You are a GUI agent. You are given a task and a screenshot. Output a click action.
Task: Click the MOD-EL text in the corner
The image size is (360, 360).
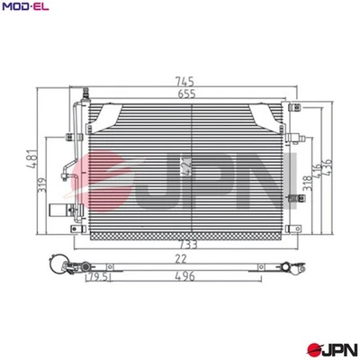click(25, 8)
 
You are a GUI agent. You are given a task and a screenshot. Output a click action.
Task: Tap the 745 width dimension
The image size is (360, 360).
click(186, 82)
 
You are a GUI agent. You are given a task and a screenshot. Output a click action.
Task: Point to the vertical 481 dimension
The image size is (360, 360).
click(31, 158)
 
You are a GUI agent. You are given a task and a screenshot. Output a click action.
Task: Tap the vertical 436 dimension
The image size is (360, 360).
click(331, 169)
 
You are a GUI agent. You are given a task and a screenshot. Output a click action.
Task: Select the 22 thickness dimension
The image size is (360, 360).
click(181, 259)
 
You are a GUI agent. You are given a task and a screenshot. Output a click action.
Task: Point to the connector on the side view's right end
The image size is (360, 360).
click(290, 267)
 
